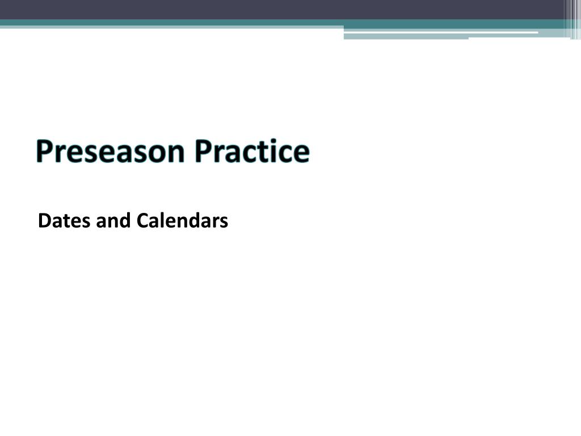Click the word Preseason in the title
pos(110,151)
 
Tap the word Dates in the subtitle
pos(64,221)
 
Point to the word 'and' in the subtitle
pos(113,220)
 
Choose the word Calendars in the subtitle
pos(182,220)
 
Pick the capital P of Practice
pos(203,151)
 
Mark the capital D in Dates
pos(45,221)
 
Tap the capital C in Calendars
pos(142,221)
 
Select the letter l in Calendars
pos(163,220)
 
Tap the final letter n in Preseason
pos(175,153)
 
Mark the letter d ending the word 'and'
pos(125,220)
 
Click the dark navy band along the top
pos(281,10)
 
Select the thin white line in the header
pos(441,32)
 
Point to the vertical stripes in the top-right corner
pos(572,19)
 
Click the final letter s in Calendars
pos(224,223)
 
